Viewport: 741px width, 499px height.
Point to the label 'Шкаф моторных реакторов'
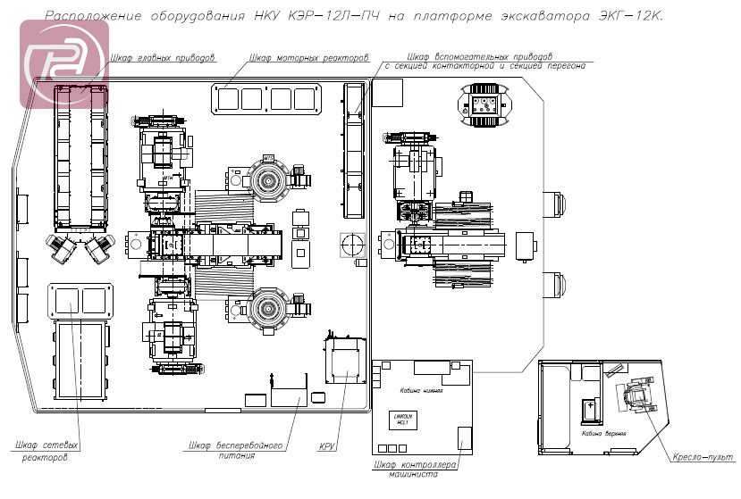click(x=309, y=58)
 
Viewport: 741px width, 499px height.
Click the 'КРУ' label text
click(x=327, y=445)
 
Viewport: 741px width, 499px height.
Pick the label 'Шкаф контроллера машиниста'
click(x=416, y=470)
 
